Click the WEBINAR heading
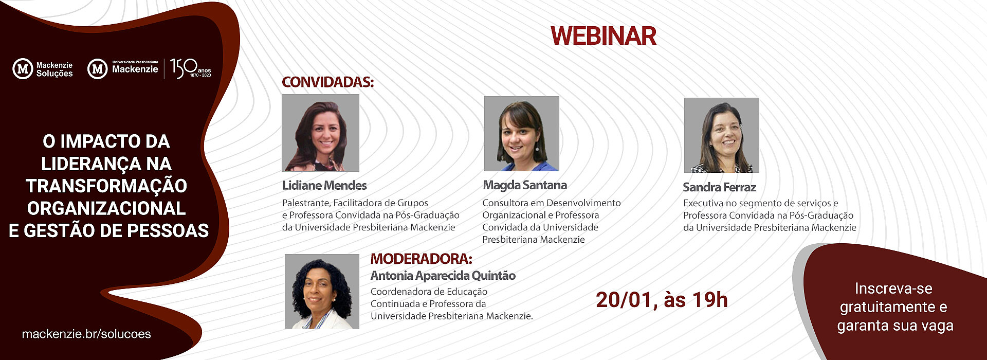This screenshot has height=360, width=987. [x=604, y=36]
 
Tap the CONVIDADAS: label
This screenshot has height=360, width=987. [x=327, y=82]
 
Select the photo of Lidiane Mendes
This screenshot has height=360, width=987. [x=320, y=133]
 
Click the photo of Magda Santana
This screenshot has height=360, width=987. [x=521, y=134]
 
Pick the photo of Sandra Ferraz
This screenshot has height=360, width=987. [x=721, y=135]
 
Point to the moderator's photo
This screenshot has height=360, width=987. [x=322, y=291]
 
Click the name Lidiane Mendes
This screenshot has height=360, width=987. [x=324, y=186]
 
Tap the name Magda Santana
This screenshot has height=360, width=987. [x=525, y=185]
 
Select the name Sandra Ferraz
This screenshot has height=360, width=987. [x=719, y=187]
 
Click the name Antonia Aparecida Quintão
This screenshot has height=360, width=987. [x=443, y=276]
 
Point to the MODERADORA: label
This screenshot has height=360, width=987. [x=421, y=259]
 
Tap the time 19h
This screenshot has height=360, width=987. [x=711, y=300]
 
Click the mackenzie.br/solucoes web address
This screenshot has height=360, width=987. [x=86, y=334]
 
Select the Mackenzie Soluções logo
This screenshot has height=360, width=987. [x=43, y=69]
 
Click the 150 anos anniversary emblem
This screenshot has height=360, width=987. [x=190, y=68]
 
